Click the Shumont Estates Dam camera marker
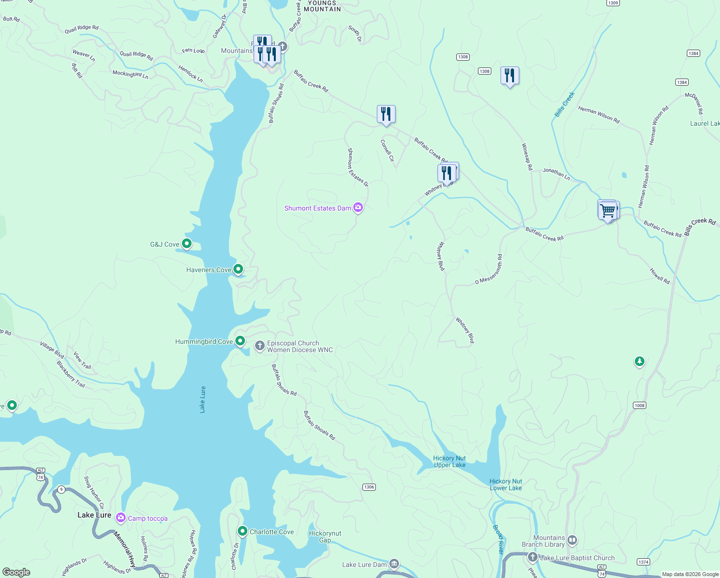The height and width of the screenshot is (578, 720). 358,208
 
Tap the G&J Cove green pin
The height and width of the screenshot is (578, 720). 187,244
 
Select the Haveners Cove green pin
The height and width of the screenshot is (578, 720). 238,269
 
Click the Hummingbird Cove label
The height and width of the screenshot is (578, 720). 204,342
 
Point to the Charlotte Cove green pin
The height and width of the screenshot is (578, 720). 242,531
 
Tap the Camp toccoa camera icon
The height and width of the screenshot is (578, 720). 120,518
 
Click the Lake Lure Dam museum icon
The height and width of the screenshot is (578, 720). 394,564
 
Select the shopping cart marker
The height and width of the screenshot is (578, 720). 608,210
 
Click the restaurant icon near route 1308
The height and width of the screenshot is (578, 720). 509,76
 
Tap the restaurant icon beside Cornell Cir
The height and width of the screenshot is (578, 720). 386,114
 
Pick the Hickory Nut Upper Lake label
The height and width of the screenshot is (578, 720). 450,461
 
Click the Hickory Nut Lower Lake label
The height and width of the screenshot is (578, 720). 506,485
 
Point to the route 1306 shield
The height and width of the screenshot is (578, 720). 369,487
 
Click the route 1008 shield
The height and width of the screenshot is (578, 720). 639,405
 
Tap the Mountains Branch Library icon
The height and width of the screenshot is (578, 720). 572,540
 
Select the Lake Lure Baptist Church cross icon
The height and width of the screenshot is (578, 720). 532,557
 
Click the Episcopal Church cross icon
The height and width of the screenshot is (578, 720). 259,346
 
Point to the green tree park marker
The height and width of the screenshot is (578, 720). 639,361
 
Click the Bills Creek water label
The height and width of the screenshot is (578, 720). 565,105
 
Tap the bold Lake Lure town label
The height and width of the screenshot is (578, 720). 94,515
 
